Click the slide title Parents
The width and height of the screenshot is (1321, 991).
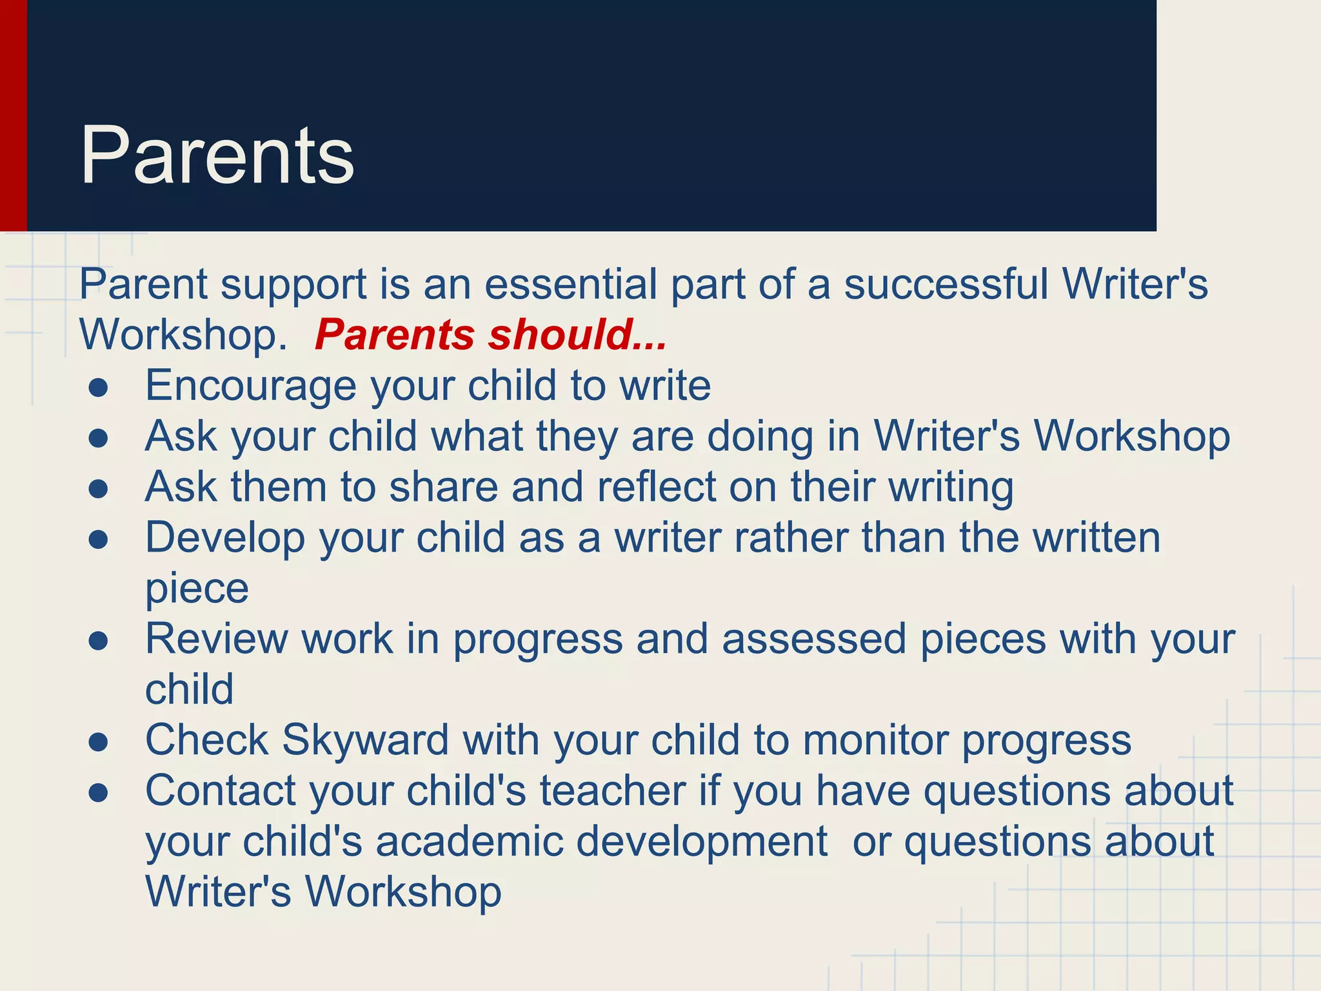click(x=217, y=155)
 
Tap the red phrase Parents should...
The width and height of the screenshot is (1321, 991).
click(x=490, y=335)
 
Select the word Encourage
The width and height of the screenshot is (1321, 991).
click(x=250, y=385)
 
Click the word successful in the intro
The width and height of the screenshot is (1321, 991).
click(x=946, y=284)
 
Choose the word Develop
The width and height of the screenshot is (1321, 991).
click(x=225, y=537)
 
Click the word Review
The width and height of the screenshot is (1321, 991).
click(x=216, y=639)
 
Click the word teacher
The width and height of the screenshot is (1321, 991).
click(x=613, y=790)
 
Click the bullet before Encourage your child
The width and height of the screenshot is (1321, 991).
click(x=98, y=388)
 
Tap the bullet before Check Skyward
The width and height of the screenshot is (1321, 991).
click(x=98, y=742)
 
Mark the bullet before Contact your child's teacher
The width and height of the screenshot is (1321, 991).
click(x=98, y=793)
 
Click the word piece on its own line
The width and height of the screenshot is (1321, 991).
click(x=197, y=588)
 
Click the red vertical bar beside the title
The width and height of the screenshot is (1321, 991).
click(x=13, y=116)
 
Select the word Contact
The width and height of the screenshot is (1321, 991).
click(x=221, y=790)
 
